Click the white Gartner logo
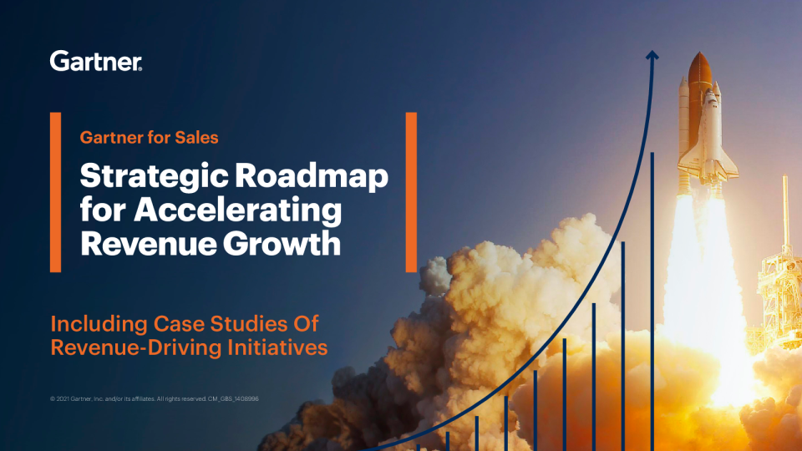95,61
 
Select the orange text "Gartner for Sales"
149,138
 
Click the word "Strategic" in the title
154,177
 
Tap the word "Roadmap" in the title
312,176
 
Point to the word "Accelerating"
238,210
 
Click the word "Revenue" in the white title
149,243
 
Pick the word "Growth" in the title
282,243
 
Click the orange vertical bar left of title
55,192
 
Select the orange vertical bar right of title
411,192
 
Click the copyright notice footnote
154,399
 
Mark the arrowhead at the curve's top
652,55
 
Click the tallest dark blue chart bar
652,302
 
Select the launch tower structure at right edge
779,266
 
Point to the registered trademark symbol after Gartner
140,68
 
